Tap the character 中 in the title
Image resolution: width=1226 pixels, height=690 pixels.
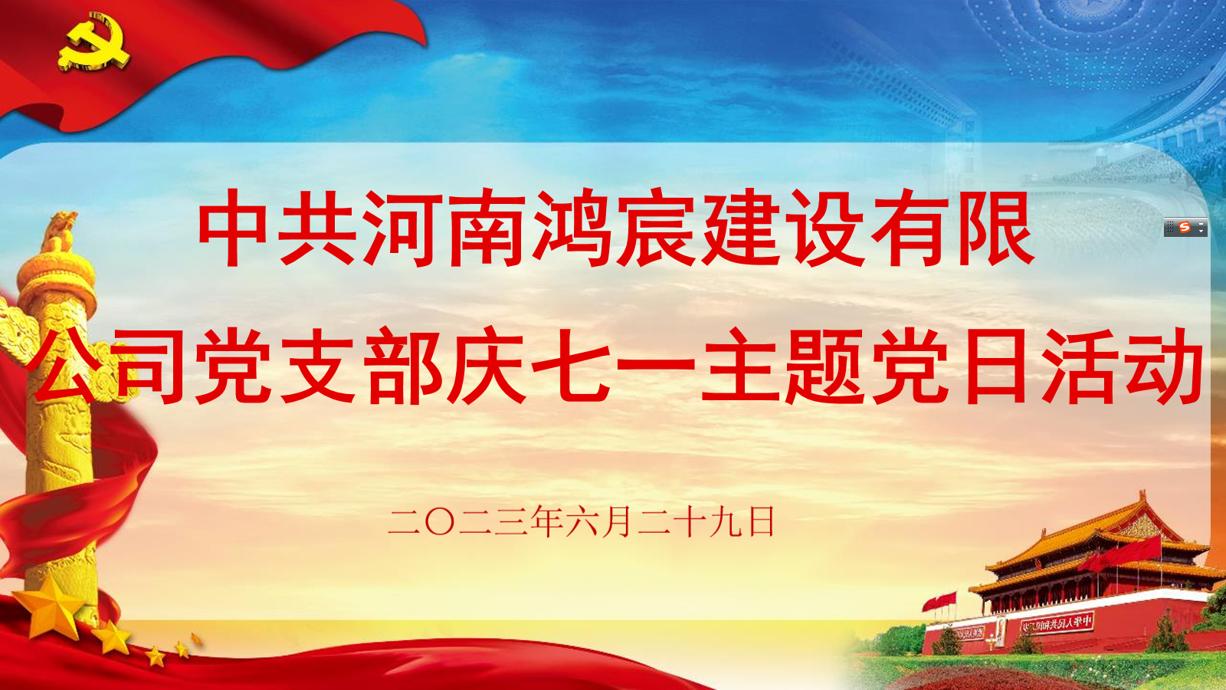tap(237, 228)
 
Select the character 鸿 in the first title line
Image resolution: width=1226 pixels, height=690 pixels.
tap(572, 228)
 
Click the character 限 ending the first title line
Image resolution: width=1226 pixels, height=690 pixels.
tap(994, 228)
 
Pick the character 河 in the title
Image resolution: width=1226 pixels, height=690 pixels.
tap(404, 228)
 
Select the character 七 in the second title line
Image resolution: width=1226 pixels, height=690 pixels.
tap(572, 366)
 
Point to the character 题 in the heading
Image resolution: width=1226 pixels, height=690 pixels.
tap(825, 366)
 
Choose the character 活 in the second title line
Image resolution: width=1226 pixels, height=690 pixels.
tap(1078, 366)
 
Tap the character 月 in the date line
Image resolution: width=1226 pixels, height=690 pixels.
tap(616, 522)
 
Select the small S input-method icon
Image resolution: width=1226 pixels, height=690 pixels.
tap(1185, 228)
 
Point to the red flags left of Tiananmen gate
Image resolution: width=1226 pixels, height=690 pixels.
tap(939, 602)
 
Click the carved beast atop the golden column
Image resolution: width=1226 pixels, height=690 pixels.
tap(61, 229)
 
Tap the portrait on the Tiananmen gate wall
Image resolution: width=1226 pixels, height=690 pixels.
tap(1000, 631)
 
